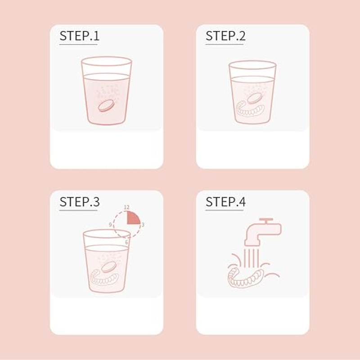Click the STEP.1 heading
[80, 36]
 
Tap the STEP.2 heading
[225, 36]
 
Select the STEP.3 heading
[80, 202]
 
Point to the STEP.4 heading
[225, 202]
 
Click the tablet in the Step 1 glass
[106, 106]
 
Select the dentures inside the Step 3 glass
[105, 277]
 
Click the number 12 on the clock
[126, 207]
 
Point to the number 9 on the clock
[110, 225]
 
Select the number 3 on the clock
[143, 225]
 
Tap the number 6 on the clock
[126, 243]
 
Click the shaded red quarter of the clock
[132, 218]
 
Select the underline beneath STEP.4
[224, 210]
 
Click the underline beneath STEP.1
[78, 44]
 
